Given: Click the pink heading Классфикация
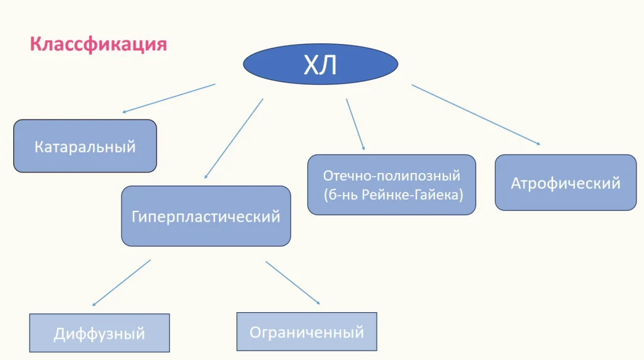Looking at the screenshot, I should (98, 45).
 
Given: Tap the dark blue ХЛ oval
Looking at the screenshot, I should (320, 64).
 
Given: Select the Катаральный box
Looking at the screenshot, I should (85, 147).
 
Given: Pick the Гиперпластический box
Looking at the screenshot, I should (206, 217).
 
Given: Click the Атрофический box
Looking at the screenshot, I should (565, 183).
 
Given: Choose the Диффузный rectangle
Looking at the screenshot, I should (99, 333).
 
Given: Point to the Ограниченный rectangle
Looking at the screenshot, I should (306, 332).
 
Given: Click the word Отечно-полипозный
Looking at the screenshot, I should (392, 176).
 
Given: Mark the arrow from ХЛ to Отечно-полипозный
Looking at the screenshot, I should (355, 124).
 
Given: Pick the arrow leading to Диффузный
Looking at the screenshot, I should (122, 282).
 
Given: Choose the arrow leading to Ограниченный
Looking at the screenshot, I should (292, 283).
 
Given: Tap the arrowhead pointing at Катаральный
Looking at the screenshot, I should (125, 112).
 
